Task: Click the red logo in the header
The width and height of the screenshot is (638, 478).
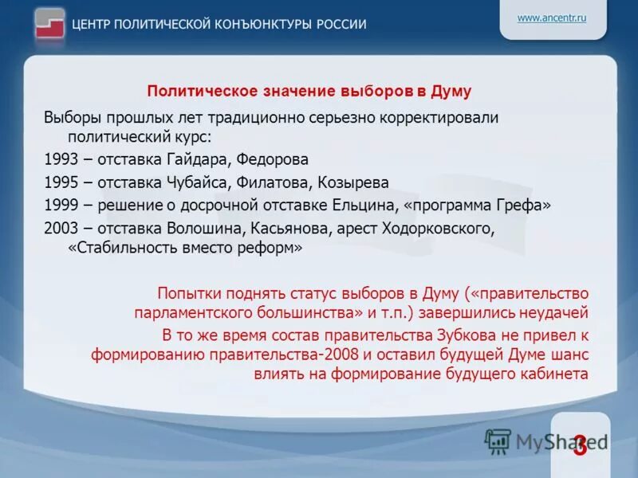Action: point(49,23)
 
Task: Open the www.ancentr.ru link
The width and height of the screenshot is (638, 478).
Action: point(552,18)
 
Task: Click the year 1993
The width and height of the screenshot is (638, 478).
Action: point(61,159)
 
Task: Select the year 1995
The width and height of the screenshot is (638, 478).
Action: point(61,182)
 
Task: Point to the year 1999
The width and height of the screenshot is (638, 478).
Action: point(61,206)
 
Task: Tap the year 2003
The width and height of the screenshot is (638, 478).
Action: point(61,229)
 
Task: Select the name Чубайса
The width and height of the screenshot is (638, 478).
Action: point(203,182)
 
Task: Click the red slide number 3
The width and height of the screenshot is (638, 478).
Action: point(580,445)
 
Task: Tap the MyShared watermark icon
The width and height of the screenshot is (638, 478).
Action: point(498,441)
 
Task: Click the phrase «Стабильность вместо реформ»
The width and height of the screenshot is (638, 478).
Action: point(186,248)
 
